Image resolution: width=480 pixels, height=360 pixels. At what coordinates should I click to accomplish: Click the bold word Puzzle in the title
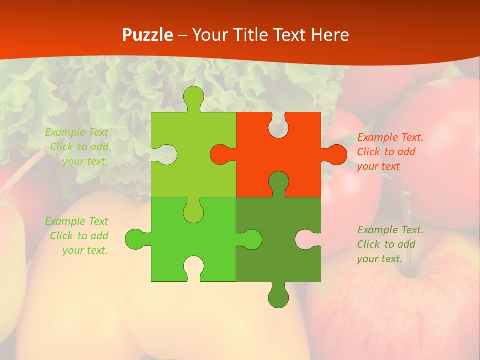[x=147, y=35]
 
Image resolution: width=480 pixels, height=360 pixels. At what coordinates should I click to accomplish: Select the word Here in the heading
[x=329, y=35]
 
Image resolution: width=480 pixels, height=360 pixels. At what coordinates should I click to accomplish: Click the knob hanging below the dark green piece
[x=278, y=297]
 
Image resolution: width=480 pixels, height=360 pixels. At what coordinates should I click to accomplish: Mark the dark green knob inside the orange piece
[x=278, y=182]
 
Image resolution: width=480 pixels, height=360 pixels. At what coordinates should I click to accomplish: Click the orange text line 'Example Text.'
[x=390, y=137]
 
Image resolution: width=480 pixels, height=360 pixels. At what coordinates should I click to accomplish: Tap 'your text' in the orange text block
[x=378, y=166]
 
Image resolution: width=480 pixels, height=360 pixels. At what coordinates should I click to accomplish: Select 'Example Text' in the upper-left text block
[x=77, y=132]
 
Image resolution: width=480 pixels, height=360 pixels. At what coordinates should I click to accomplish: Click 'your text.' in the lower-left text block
[x=85, y=250]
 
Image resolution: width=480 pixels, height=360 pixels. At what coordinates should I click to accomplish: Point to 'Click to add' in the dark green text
[x=386, y=244]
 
